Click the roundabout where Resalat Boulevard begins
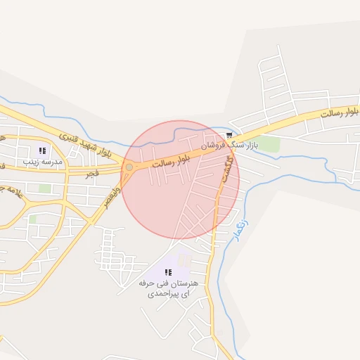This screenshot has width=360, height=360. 129,167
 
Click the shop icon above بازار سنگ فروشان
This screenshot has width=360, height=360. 229,135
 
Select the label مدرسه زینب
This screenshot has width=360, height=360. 43,161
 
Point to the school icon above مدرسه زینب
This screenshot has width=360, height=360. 42,150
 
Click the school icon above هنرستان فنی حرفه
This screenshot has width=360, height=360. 167,272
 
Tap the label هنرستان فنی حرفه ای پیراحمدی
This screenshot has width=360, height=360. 169,288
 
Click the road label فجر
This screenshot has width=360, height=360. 90,172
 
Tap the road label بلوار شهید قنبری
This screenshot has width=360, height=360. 86,143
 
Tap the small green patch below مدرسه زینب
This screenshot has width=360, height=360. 45,188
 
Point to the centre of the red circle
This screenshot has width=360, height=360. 181,180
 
